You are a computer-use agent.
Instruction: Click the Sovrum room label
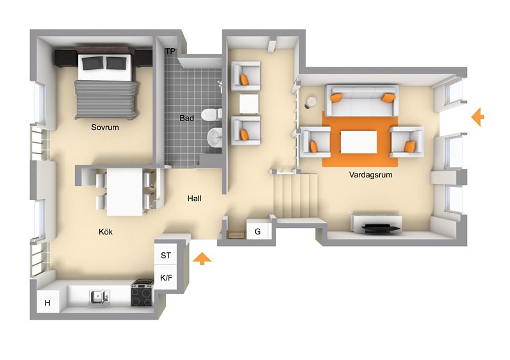(104, 127)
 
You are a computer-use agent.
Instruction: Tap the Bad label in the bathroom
(186, 118)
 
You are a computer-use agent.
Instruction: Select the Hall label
(194, 199)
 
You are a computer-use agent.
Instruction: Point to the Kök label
(106, 231)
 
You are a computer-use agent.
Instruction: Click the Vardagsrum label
(370, 175)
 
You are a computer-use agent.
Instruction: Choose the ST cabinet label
(165, 256)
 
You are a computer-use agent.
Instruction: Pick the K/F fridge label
(166, 278)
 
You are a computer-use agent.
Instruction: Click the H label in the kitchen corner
(47, 303)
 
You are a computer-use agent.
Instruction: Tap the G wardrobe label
(258, 231)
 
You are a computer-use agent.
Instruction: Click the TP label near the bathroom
(170, 51)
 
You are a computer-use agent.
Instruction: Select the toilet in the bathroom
(211, 115)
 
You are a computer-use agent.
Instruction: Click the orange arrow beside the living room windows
(478, 117)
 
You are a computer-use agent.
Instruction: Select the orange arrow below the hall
(202, 259)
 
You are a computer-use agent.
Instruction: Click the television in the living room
(381, 227)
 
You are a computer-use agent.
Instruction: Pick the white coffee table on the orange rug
(358, 142)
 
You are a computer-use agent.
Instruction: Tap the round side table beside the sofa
(311, 102)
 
